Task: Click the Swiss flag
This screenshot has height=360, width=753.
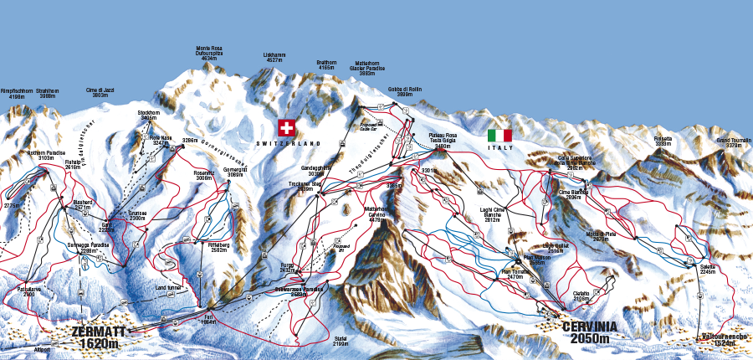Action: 287,128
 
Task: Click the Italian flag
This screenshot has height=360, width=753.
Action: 500,135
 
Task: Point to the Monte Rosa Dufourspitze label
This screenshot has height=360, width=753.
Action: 209,54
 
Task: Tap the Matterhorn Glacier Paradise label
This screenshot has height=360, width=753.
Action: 367,68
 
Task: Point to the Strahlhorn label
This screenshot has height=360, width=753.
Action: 48,93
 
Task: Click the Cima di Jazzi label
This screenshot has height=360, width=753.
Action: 98,93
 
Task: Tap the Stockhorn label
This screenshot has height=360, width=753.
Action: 148,116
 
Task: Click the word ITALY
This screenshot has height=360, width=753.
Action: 501,147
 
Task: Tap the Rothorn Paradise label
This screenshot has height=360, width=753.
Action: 46,156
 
